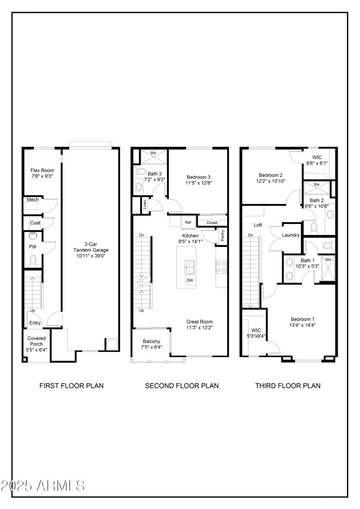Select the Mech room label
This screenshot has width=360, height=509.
[x=32, y=199]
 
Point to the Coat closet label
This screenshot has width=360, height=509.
[x=35, y=223]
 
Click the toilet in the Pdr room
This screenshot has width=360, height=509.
[x=32, y=260]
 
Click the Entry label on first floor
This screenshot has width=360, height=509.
[x=35, y=323]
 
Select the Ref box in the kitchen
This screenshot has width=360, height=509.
[x=188, y=222]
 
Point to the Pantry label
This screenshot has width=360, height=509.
[x=222, y=236]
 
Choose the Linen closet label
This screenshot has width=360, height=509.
[x=144, y=205]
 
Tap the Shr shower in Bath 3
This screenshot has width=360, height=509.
[x=153, y=153]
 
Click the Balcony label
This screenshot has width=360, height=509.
[x=151, y=341]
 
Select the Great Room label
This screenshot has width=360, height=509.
[x=199, y=321]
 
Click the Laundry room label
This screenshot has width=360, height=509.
[x=291, y=235]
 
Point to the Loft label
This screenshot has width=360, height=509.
[x=258, y=225]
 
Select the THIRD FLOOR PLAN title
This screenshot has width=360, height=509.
[x=288, y=385]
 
